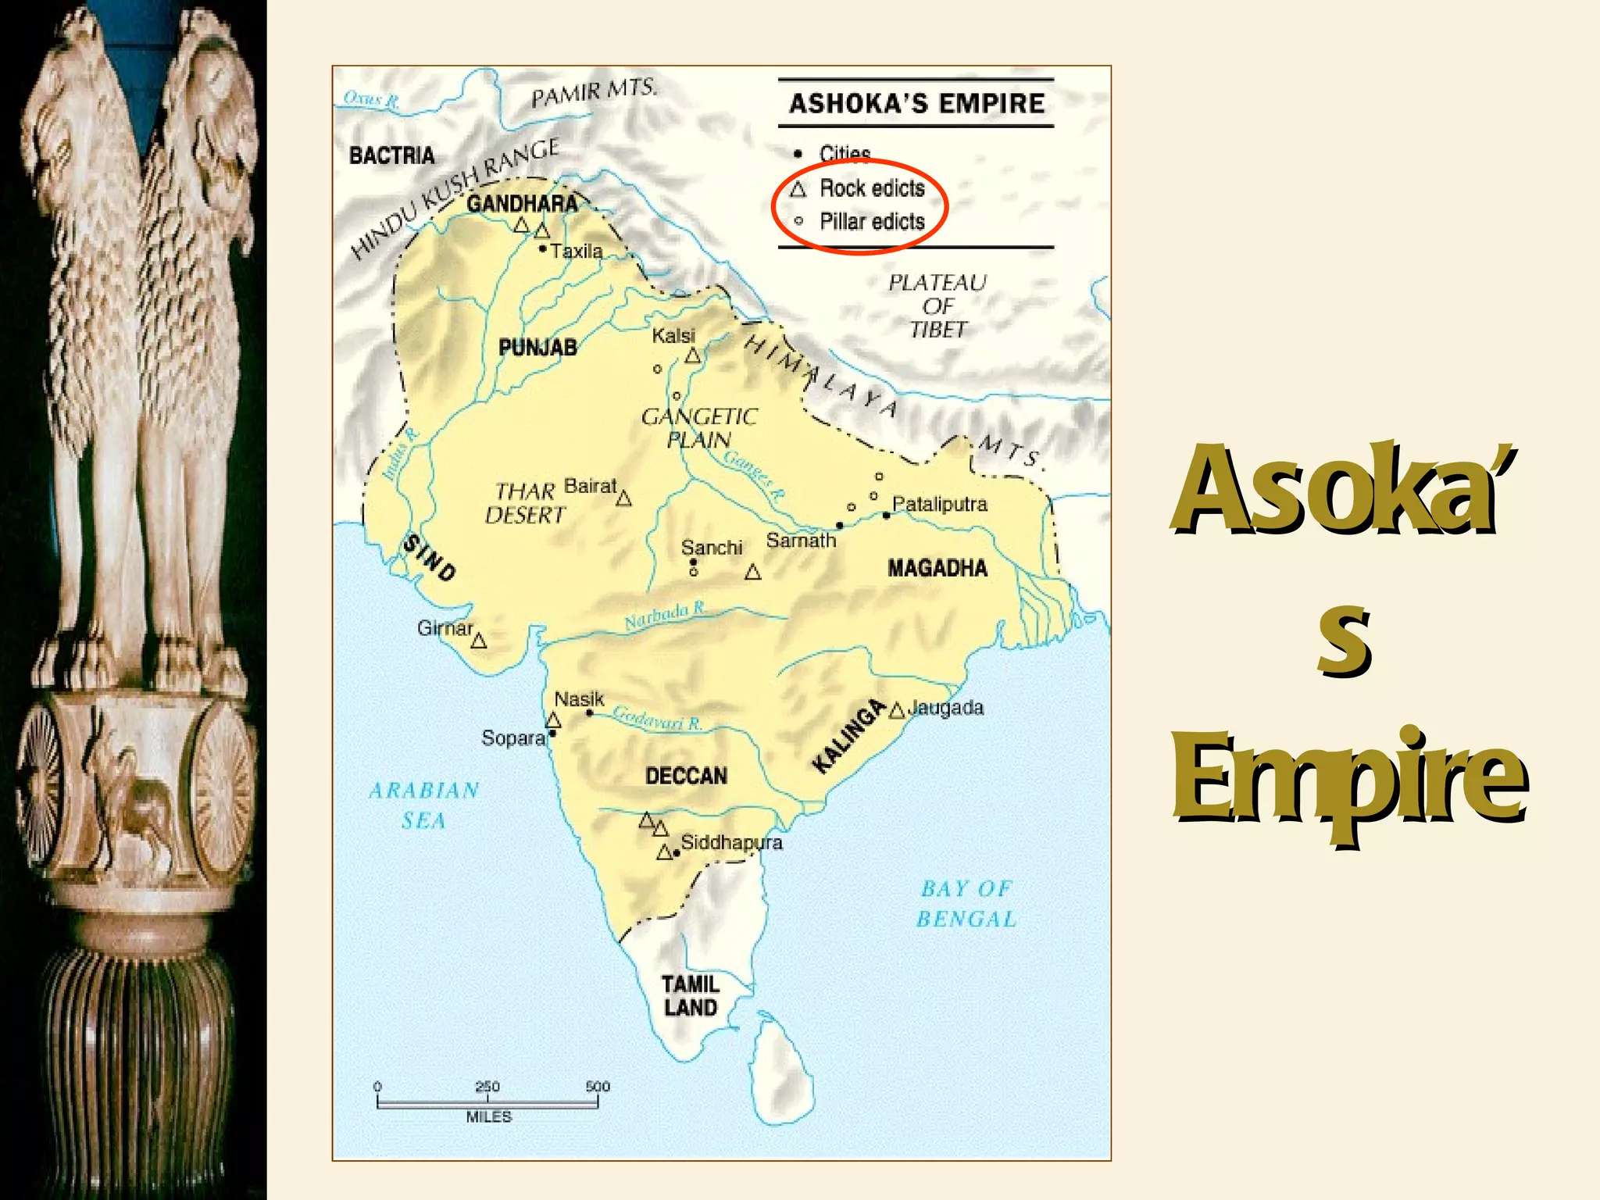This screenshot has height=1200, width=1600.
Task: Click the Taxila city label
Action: (576, 252)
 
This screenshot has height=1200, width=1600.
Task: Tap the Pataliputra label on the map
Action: (939, 504)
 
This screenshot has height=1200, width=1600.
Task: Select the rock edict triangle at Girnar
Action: (479, 641)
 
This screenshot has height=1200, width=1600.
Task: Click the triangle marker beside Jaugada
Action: (897, 710)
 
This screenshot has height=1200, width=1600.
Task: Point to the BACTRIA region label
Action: (391, 155)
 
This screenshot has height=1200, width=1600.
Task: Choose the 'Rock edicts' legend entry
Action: (871, 188)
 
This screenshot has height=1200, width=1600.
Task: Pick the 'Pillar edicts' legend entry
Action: (871, 222)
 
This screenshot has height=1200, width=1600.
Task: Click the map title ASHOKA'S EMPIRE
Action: (916, 103)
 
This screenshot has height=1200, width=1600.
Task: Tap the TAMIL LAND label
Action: (690, 995)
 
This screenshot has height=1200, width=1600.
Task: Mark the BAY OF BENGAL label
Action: (966, 904)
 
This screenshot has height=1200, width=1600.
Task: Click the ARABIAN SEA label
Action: (423, 805)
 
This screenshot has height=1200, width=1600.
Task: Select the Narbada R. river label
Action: (665, 616)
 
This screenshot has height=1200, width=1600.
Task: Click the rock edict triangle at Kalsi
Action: (693, 356)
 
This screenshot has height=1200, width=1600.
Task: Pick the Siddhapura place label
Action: (731, 842)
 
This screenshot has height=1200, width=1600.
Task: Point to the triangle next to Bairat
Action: (623, 498)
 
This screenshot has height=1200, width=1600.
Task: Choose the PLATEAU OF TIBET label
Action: (937, 305)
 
